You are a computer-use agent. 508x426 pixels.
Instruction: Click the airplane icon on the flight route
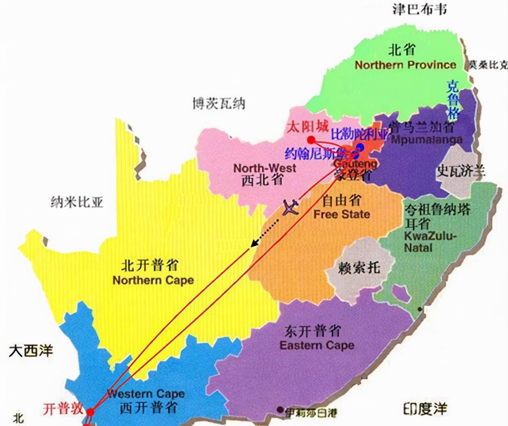tap(291, 207)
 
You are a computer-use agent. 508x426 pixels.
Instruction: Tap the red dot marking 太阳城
tap(311, 140)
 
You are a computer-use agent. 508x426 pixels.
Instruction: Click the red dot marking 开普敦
tap(91, 412)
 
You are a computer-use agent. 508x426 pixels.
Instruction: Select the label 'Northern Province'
tap(405, 65)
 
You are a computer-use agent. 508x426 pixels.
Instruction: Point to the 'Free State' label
tap(341, 214)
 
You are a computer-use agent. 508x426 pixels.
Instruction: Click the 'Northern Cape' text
tap(153, 280)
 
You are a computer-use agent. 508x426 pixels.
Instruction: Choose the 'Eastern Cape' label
tap(317, 345)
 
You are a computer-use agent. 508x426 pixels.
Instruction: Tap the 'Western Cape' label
tap(146, 394)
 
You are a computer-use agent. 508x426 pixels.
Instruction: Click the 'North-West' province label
tap(265, 168)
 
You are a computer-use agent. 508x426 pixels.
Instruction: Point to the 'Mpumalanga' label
tap(427, 139)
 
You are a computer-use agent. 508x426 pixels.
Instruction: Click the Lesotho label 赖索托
tap(359, 267)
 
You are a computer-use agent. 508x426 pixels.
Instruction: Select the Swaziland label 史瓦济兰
tap(461, 171)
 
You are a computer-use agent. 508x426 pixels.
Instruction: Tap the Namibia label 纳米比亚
tap(77, 202)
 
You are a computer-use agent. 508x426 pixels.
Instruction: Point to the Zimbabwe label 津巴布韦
tap(419, 9)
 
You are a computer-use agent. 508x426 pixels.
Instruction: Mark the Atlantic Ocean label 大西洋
tap(31, 351)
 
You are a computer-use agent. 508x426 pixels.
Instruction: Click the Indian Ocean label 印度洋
tap(425, 409)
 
